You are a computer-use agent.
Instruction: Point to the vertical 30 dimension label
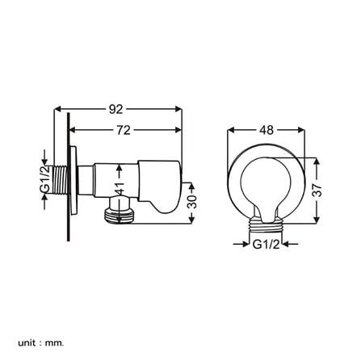[x=191, y=201]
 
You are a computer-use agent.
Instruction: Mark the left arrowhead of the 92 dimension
[x=58, y=107]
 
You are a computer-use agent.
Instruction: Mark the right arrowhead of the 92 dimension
[x=183, y=107]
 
